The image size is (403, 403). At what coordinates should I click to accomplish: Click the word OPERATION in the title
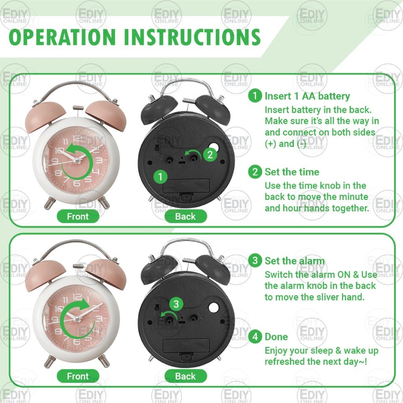click(62, 37)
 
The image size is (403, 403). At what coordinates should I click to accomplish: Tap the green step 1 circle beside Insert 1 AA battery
click(255, 96)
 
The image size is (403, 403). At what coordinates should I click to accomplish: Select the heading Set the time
click(292, 172)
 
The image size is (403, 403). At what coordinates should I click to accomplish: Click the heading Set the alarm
click(294, 261)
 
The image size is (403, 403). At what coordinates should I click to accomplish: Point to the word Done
click(276, 337)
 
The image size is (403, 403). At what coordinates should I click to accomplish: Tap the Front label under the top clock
click(78, 216)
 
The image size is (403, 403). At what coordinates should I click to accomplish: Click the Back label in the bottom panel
click(186, 376)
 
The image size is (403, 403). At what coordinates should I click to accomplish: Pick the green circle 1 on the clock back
click(161, 177)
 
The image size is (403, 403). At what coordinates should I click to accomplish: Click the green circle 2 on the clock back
click(210, 154)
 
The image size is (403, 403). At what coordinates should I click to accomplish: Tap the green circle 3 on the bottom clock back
click(176, 304)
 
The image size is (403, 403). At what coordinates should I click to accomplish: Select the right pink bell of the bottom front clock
click(107, 274)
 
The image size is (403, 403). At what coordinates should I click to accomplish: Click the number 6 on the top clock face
click(76, 183)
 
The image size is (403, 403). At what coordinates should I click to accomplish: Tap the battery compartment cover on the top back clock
click(186, 186)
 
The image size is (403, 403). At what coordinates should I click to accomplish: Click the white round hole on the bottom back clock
click(214, 307)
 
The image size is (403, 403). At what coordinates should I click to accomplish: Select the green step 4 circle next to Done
click(255, 336)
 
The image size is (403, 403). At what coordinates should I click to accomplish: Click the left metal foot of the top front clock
click(49, 203)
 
